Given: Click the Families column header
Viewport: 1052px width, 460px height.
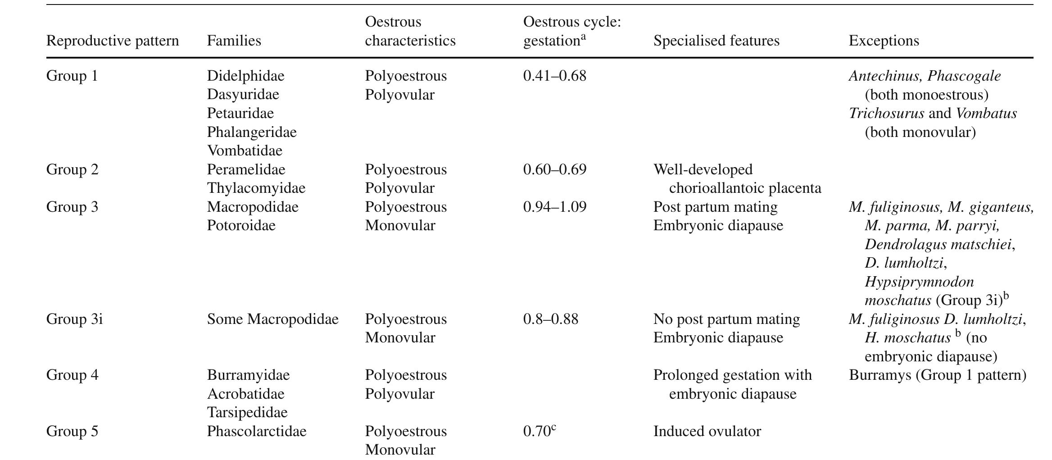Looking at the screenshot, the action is (234, 41).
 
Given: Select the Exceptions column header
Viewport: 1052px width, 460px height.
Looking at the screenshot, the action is (884, 41).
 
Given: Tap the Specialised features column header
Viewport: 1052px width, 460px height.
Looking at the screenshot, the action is (716, 41).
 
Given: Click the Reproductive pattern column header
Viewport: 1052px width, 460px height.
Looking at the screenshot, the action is (113, 41).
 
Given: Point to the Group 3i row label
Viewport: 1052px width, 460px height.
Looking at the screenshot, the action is (74, 319).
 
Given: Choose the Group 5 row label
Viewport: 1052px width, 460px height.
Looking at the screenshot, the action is (72, 431).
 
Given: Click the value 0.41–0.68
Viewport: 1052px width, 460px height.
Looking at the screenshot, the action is (555, 76).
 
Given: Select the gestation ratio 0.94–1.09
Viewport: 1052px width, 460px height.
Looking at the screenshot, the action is (555, 207).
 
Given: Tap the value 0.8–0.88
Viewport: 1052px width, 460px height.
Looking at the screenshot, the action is (551, 319).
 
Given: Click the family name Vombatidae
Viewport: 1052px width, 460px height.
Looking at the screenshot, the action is (245, 150).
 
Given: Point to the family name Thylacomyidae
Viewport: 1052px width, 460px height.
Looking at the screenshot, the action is (256, 188).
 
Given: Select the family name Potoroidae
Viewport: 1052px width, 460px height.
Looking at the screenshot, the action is (241, 225).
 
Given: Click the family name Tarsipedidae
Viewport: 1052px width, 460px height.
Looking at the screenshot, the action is (247, 412).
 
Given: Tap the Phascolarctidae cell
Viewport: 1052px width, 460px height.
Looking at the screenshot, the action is (257, 431).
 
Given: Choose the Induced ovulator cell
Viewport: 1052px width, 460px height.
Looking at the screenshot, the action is (707, 431).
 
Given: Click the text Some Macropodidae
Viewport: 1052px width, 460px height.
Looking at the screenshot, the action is (273, 319).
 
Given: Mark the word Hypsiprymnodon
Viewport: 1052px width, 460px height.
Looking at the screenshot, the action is (919, 282).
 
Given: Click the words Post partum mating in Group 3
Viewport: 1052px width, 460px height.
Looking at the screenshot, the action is (716, 207).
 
